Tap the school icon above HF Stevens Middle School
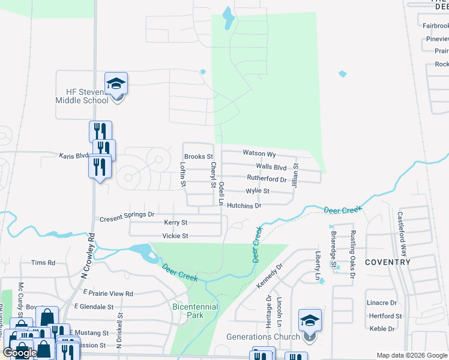pyautogui.click(x=116, y=84)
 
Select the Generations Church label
pyautogui.click(x=263, y=337)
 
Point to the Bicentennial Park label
pyautogui.click(x=194, y=310)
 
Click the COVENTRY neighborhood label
pyautogui.click(x=388, y=262)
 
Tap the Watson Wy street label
pyautogui.click(x=259, y=154)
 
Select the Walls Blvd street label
pyautogui.click(x=271, y=166)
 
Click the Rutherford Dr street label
pyautogui.click(x=267, y=179)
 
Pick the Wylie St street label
pyautogui.click(x=258, y=191)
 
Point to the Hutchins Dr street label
pyautogui.click(x=244, y=206)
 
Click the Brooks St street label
pyautogui.click(x=199, y=157)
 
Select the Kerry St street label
pyautogui.click(x=176, y=223)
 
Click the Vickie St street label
pyautogui.click(x=176, y=236)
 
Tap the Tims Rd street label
pyautogui.click(x=43, y=263)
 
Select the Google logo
pyautogui.click(x=20, y=353)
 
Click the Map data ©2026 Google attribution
pyautogui.click(x=412, y=355)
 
